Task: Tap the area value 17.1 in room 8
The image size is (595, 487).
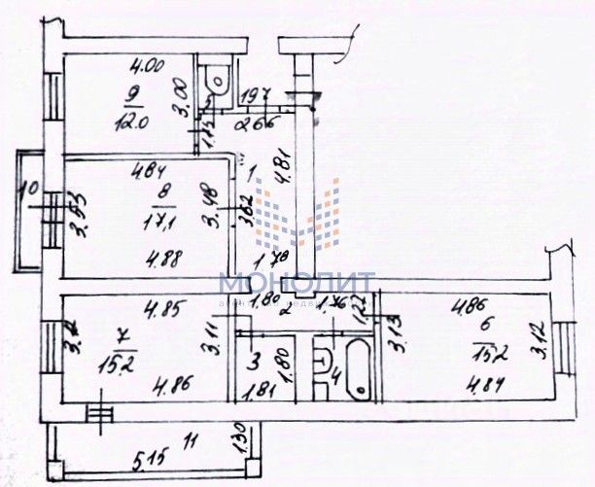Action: (x=162, y=224)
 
